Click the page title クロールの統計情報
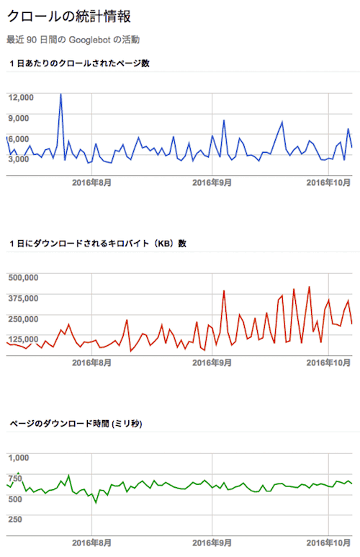69,16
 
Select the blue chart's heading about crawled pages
79,63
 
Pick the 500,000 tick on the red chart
22,277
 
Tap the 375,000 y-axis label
22,298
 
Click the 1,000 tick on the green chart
19,457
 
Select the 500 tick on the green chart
17,517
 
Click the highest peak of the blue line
60,94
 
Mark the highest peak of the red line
309,287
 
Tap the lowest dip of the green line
96,502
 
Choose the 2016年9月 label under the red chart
212,362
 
